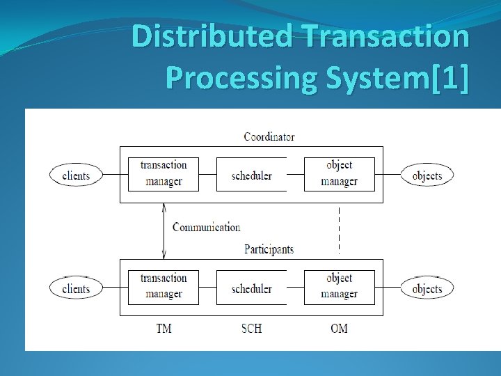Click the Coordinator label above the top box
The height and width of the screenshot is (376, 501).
tap(269, 136)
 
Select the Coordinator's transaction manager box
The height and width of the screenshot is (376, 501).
tap(164, 174)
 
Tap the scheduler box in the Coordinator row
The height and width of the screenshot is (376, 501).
tap(251, 174)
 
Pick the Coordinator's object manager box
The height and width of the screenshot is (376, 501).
tap(339, 174)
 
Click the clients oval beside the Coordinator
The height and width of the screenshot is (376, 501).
tap(76, 175)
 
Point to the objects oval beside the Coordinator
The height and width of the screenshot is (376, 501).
tap(427, 175)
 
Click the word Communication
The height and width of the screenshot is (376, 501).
tap(206, 227)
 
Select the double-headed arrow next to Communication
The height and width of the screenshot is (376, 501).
tap(164, 230)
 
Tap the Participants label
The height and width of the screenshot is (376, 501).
tap(269, 249)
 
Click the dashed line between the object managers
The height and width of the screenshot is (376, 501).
tap(339, 230)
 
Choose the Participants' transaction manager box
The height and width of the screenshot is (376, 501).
tap(164, 287)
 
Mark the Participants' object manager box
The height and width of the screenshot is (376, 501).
tap(339, 287)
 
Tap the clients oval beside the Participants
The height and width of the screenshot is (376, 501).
tap(76, 288)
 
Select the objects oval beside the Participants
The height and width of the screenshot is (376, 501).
tap(427, 288)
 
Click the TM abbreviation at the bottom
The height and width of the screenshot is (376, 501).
tap(164, 328)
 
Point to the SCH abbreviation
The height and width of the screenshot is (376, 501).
tap(251, 328)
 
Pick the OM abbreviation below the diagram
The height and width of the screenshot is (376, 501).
tap(339, 328)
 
